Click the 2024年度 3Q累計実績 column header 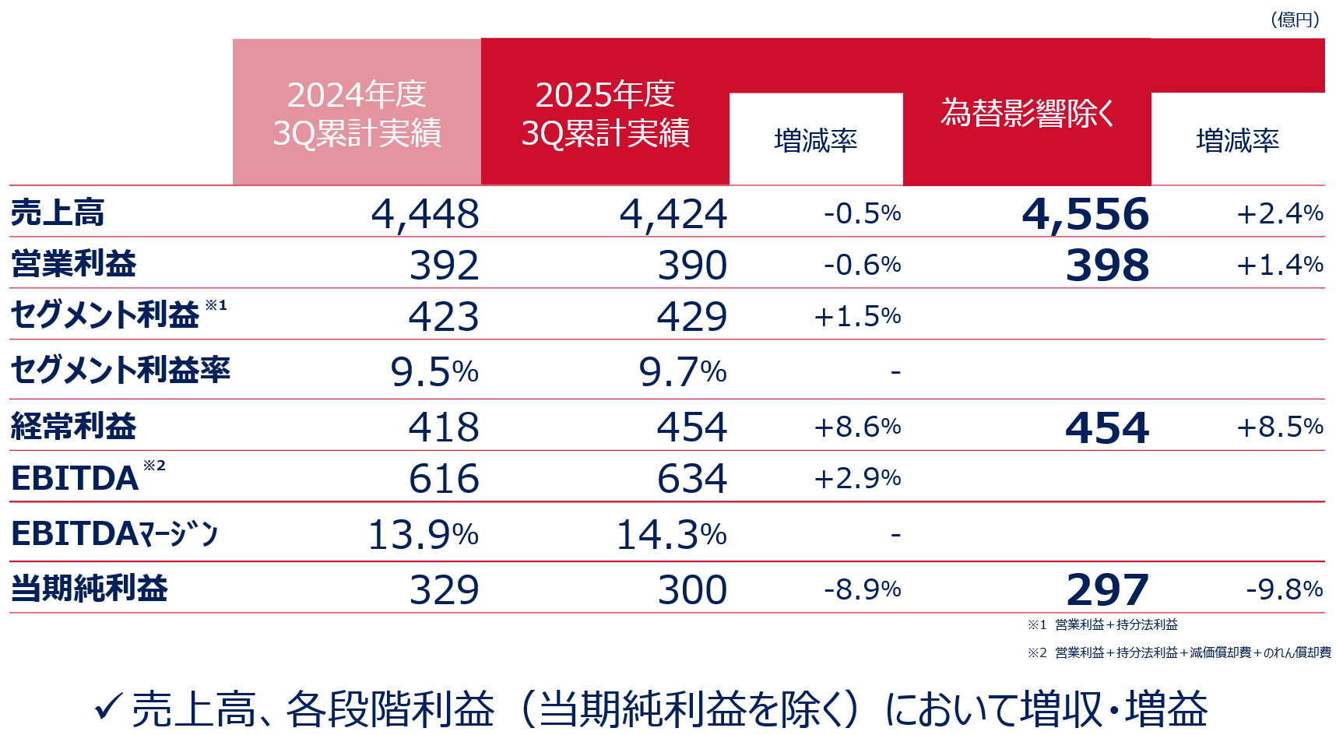click(x=357, y=114)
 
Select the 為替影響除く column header click(x=1027, y=114)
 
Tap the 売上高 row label click(x=58, y=213)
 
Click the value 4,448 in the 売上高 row click(x=425, y=214)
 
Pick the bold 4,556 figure click(x=1085, y=214)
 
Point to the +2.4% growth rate click(x=1280, y=213)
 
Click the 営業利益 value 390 click(x=692, y=266)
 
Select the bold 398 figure click(x=1107, y=266)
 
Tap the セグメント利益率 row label click(x=121, y=370)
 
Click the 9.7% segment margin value click(x=682, y=372)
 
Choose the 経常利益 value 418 click(x=444, y=427)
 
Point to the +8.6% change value click(x=857, y=427)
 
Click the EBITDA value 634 click(x=692, y=478)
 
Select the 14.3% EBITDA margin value click(x=671, y=535)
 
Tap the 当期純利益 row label click(x=90, y=589)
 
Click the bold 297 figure click(x=1107, y=590)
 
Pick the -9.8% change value click(x=1285, y=589)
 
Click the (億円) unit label click(x=1295, y=19)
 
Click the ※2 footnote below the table click(x=1179, y=652)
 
